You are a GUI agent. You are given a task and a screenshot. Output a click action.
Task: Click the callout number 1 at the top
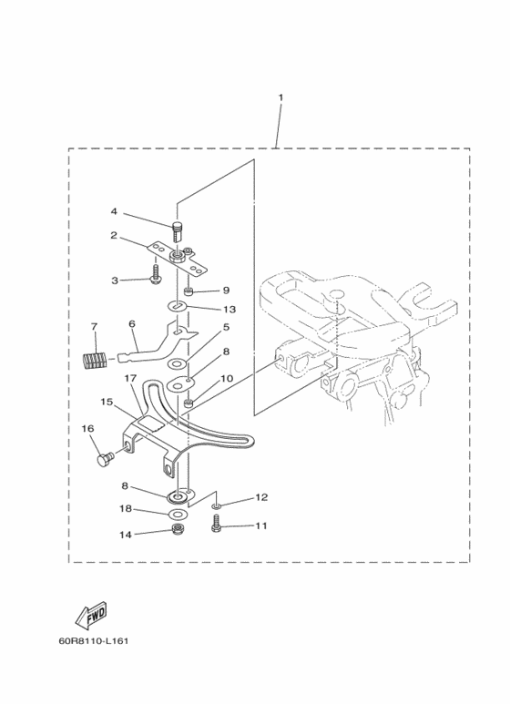click(x=281, y=97)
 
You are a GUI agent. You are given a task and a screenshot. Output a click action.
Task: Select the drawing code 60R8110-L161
click(x=94, y=640)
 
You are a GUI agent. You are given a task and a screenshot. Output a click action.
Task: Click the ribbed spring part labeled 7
click(x=95, y=360)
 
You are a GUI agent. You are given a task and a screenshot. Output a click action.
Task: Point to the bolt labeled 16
click(x=106, y=459)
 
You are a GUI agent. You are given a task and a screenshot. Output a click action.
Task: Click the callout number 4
click(x=114, y=210)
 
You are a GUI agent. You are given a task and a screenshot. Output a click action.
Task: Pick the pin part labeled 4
click(x=178, y=230)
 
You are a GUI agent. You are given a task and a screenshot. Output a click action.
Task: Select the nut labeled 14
click(x=177, y=528)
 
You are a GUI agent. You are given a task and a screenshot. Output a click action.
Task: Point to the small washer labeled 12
click(x=216, y=506)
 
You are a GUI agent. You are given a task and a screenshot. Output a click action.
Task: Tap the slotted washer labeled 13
click(x=178, y=306)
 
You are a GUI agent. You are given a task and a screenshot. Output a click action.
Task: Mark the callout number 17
click(x=130, y=379)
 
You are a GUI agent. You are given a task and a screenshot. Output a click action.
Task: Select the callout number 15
click(x=107, y=402)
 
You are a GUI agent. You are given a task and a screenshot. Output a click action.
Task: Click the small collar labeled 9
click(x=189, y=291)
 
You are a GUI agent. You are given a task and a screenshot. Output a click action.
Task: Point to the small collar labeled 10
click(x=189, y=404)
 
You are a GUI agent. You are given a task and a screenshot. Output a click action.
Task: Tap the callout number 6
click(x=131, y=323)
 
